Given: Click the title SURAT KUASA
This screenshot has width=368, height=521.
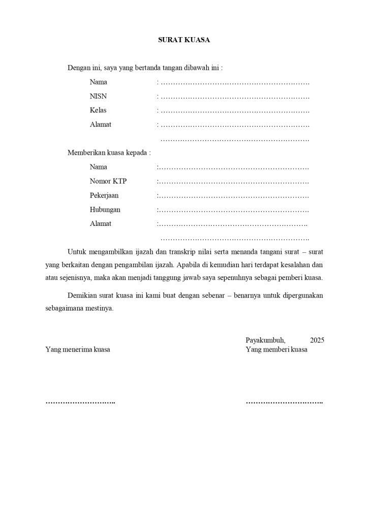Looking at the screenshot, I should point(183,39).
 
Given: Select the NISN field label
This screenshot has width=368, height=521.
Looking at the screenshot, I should point(99,96).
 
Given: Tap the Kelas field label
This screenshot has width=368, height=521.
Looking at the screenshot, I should point(98,110).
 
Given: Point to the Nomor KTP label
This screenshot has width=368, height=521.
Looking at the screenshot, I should point(108,181).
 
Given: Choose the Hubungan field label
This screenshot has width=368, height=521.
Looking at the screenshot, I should point(105,210).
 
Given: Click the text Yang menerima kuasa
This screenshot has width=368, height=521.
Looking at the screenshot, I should point(78,350).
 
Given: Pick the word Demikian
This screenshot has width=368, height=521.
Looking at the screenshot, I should point(82,296).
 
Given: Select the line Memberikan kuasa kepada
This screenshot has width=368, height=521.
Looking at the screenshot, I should point(109,153).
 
